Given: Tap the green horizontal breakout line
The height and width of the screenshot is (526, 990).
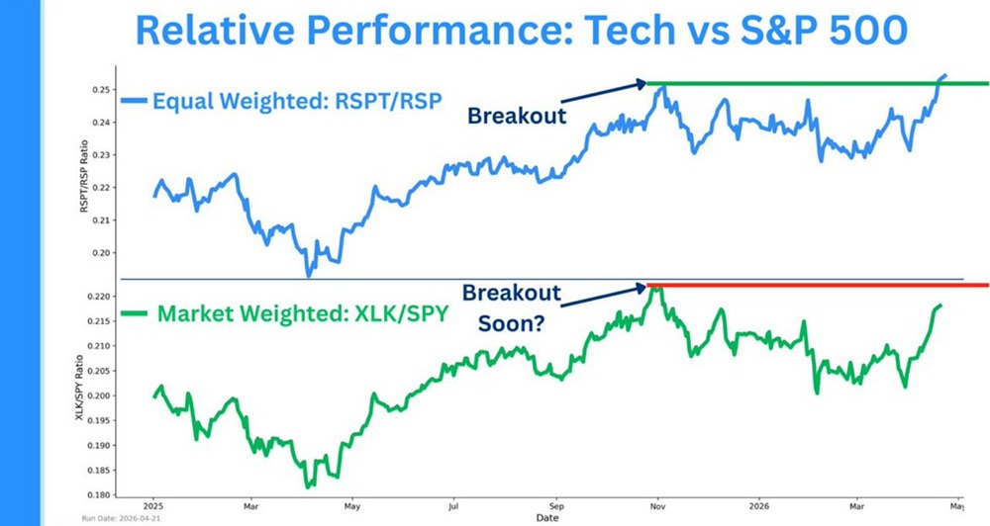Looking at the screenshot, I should click(x=812, y=83).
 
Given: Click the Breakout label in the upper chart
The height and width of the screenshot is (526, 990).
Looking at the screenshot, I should click(x=517, y=115).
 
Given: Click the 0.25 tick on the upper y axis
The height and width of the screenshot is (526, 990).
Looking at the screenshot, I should click(x=100, y=90).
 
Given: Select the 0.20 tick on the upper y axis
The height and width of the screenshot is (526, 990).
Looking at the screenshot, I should click(x=100, y=253).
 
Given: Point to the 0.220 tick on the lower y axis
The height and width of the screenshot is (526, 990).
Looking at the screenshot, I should click(x=97, y=297).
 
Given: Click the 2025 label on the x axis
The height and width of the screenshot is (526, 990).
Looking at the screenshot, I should click(x=153, y=504).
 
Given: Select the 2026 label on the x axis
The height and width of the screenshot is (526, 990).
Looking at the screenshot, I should click(x=758, y=504).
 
